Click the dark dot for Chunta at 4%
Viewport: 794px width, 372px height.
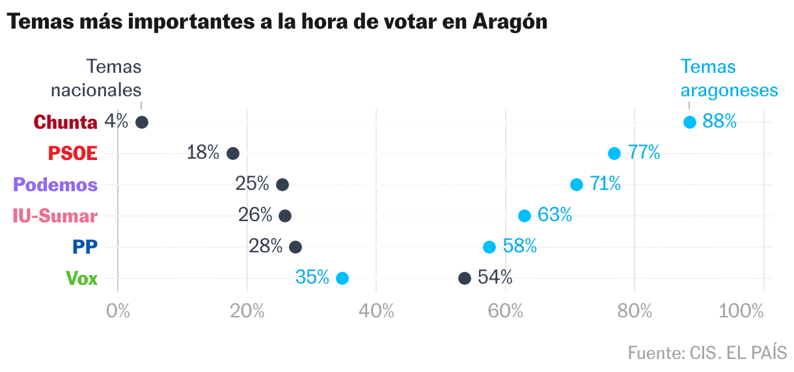pos(142,122)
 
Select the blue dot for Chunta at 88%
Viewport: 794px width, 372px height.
pos(690,122)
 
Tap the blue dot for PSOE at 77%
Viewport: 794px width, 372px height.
pos(614,153)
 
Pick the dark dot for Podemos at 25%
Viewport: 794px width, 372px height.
pos(282,185)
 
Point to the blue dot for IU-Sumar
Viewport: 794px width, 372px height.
pos(525,216)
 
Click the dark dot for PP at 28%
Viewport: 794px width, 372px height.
pos(295,247)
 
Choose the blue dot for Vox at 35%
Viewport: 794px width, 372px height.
pos(342,278)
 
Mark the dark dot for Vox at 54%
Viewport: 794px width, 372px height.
pos(465,278)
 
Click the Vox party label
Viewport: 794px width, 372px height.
pos(82,279)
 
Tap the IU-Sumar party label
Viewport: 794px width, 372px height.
pos(55,217)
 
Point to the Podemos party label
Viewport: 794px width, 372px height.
pos(55,185)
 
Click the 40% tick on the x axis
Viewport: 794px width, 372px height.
pos(377,312)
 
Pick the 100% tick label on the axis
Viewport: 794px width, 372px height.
pos(741,312)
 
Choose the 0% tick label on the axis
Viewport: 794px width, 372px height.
pos(118,312)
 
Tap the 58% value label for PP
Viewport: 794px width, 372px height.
pos(519,246)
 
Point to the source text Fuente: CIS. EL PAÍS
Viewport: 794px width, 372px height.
pos(707,353)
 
